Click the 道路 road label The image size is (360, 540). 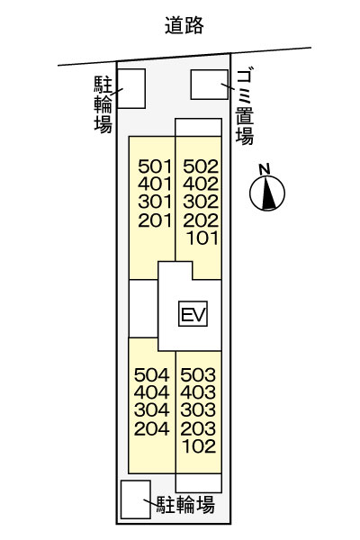(x=184, y=25)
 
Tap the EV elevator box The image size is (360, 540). (x=193, y=314)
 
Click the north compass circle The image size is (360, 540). (x=267, y=193)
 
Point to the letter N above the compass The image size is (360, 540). (x=265, y=169)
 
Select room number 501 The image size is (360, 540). (x=155, y=166)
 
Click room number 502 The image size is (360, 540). (x=201, y=166)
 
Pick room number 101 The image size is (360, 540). (x=202, y=238)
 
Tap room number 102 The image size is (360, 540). (x=199, y=446)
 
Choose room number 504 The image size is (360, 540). (x=151, y=375)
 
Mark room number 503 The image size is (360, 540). (x=198, y=375)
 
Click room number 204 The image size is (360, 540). (x=151, y=428)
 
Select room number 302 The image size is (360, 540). (x=201, y=202)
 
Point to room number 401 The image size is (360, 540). (x=155, y=184)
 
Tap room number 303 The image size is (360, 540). (x=198, y=410)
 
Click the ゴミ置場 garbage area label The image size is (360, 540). (x=245, y=106)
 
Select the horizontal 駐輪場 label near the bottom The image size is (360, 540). (x=185, y=505)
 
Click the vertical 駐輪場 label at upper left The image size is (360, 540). (x=103, y=104)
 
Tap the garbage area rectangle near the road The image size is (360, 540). (x=210, y=85)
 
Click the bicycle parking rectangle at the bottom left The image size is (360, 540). (x=136, y=499)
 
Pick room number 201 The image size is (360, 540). (x=155, y=220)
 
